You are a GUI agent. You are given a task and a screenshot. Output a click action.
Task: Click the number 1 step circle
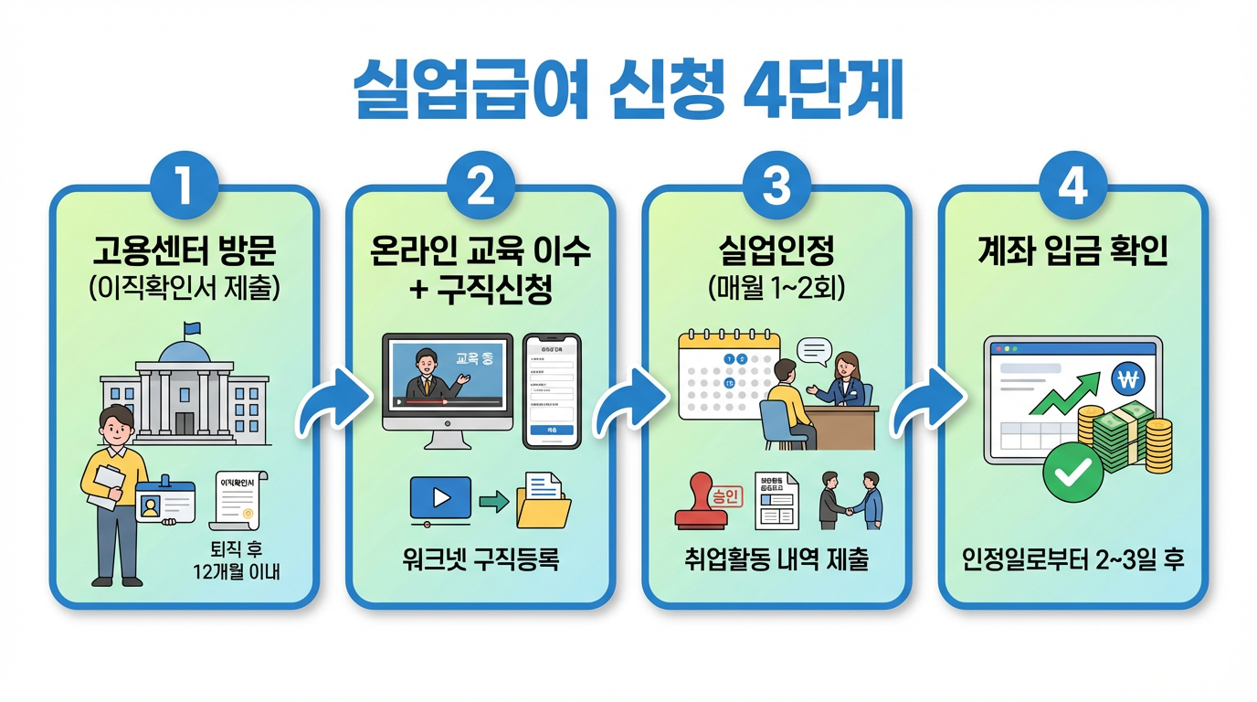[x=185, y=186]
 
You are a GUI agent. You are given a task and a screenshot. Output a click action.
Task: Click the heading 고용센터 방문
[x=185, y=249]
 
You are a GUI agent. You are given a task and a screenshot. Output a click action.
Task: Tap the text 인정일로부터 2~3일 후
[x=1072, y=558]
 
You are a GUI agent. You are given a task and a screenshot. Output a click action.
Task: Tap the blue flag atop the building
[x=191, y=328]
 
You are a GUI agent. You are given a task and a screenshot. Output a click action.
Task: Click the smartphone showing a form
[x=552, y=391]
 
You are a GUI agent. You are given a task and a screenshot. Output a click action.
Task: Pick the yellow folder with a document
[x=543, y=500]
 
